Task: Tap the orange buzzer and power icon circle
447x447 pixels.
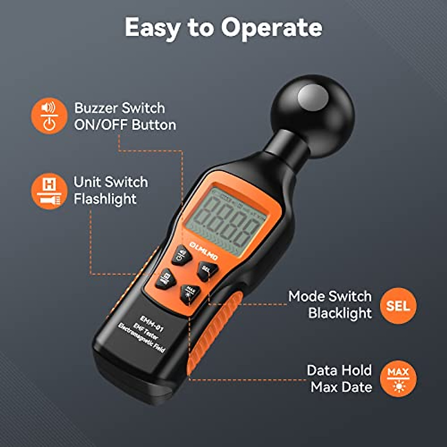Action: (49, 116)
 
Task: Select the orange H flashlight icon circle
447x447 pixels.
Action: (49, 191)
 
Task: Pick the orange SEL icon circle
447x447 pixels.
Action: (398, 305)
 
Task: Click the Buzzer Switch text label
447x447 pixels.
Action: (120, 108)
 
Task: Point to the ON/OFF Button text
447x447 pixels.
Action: (125, 125)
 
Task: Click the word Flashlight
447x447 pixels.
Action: (105, 199)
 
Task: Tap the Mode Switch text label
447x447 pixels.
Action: (330, 297)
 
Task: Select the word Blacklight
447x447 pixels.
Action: (340, 313)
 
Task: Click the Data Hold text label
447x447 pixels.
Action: (339, 370)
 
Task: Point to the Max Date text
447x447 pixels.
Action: (341, 387)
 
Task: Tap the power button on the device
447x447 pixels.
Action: (182, 255)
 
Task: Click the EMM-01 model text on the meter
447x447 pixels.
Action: (152, 323)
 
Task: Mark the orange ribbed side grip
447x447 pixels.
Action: (216, 335)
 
